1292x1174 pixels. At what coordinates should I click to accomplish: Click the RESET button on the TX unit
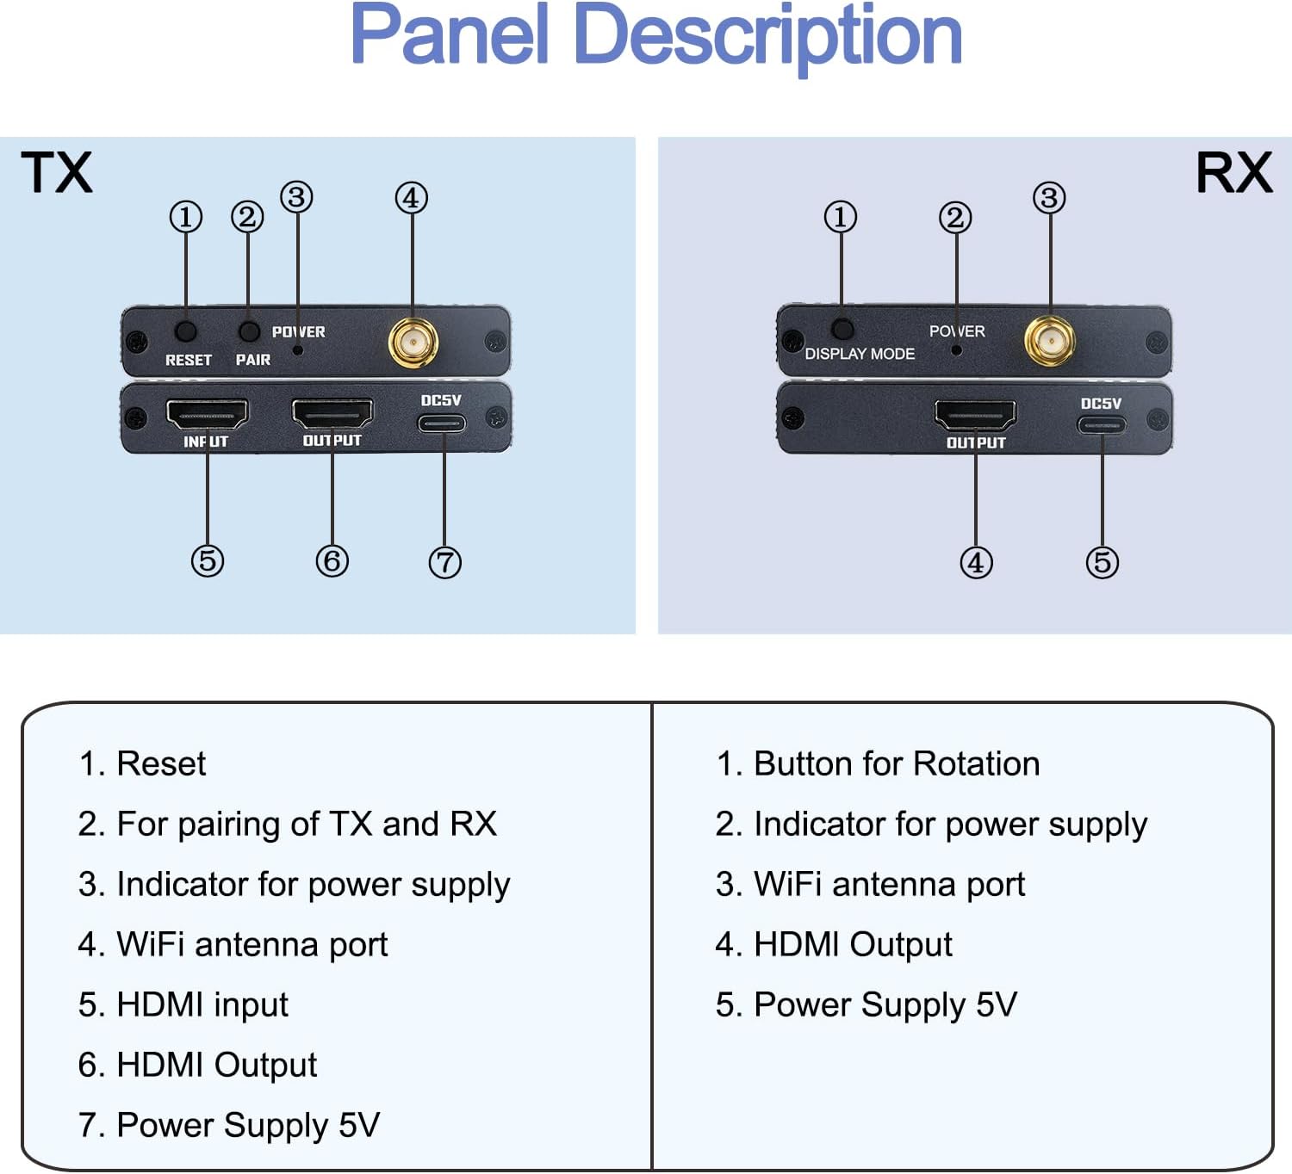185,331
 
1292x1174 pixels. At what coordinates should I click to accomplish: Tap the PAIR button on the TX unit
248,331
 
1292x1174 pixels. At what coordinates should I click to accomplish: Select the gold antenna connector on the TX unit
413,343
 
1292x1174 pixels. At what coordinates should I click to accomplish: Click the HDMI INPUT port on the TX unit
207,414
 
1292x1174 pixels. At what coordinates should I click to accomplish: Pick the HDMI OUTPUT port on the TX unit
332,413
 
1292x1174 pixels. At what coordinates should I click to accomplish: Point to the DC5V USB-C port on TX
442,423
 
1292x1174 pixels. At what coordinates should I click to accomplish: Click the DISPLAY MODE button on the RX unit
842,329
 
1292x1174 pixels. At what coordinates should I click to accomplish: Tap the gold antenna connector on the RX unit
1049,341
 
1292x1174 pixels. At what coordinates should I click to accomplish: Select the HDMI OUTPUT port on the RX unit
975,416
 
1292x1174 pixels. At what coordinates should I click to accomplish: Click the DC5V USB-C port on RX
1102,425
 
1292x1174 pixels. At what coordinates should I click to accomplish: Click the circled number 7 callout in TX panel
444,563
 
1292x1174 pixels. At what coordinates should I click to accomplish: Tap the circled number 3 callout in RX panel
1049,198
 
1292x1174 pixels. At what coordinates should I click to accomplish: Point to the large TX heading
56,173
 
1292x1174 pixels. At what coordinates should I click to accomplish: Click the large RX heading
1233,173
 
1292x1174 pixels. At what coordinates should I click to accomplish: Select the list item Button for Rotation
896,764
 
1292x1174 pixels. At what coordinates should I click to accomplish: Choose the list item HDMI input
202,1005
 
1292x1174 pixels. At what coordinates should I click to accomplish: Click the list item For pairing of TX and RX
306,825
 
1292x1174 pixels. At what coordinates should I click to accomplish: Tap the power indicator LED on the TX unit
298,349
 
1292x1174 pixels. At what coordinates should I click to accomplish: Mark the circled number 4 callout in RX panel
976,563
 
